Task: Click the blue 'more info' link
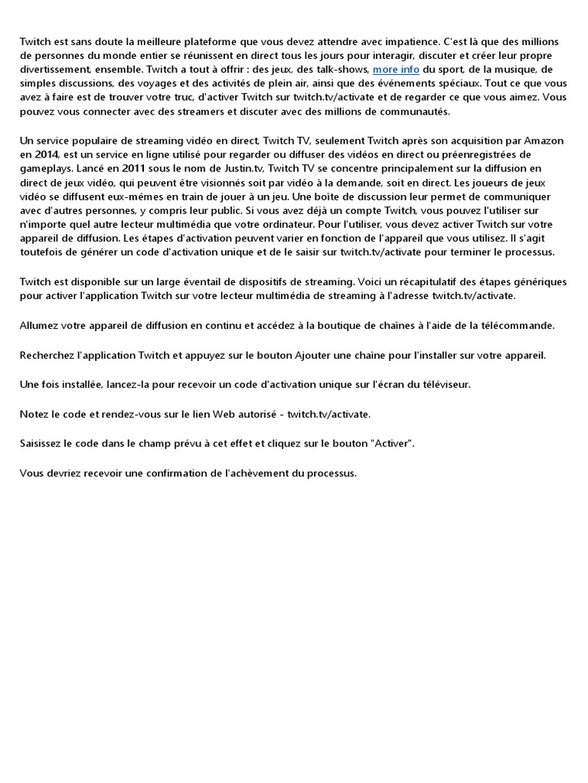click(x=396, y=70)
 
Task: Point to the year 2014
click(x=46, y=154)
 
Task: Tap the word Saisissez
click(x=44, y=444)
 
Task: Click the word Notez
click(x=35, y=414)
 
